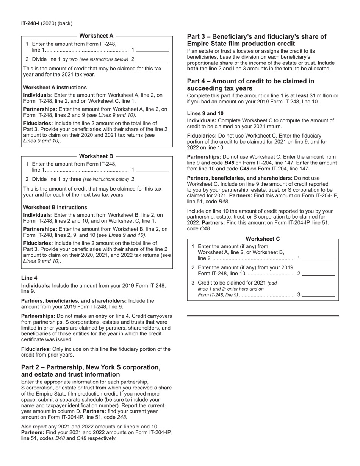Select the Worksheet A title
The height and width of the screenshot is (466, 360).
click(x=97, y=36)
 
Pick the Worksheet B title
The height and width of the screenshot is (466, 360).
click(x=96, y=156)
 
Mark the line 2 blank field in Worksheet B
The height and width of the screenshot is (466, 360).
click(x=153, y=179)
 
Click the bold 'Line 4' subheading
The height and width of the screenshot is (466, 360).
click(x=29, y=278)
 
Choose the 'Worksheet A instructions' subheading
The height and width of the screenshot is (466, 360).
click(x=55, y=87)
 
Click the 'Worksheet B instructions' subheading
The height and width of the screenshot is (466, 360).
click(x=55, y=207)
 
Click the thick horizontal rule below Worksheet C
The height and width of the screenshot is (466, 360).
click(x=263, y=315)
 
